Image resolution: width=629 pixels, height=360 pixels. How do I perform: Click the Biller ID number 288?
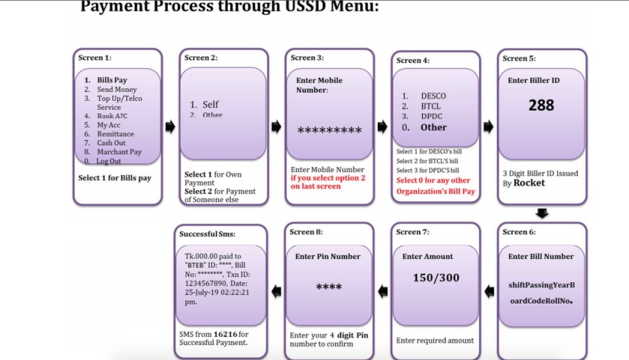click(x=541, y=105)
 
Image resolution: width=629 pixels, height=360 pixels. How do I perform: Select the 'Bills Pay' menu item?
click(x=112, y=80)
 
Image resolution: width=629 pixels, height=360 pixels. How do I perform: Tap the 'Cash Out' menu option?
click(x=111, y=143)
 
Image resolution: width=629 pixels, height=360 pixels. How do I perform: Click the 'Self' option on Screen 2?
click(x=211, y=105)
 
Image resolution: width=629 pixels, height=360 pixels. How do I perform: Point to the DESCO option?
click(x=433, y=96)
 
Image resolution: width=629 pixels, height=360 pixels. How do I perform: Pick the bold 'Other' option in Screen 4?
click(x=434, y=127)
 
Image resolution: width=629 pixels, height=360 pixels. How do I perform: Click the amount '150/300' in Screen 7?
click(x=436, y=278)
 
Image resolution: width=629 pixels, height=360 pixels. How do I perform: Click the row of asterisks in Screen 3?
click(x=329, y=131)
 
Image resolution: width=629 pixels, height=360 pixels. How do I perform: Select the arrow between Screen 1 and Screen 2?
click(x=170, y=127)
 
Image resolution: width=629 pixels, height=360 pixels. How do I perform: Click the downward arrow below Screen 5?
click(x=542, y=214)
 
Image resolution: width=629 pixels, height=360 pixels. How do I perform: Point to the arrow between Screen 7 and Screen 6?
click(x=488, y=291)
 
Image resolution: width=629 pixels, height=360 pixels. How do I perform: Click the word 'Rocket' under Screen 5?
click(x=530, y=183)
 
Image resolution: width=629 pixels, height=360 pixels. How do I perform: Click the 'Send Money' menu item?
click(x=117, y=89)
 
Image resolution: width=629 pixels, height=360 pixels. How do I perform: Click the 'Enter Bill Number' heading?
click(x=541, y=257)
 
